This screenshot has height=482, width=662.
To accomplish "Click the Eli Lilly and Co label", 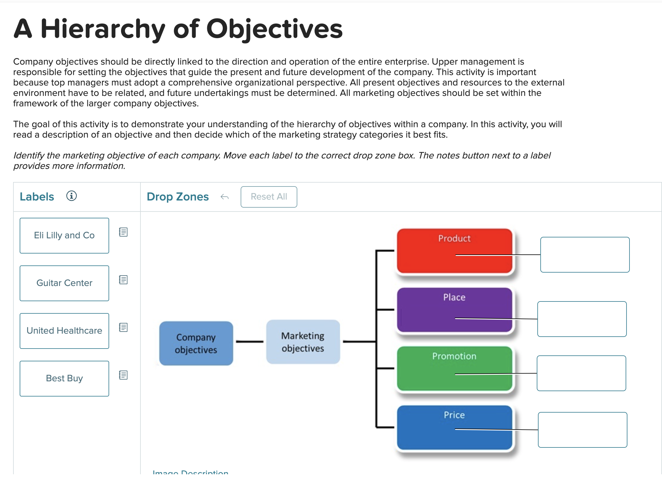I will [64, 236].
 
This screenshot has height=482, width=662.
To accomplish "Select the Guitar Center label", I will [64, 283].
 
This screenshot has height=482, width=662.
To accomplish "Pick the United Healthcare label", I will [64, 331].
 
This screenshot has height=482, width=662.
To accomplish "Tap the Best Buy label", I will [64, 379].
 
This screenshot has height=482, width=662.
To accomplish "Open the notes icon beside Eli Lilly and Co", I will [123, 232].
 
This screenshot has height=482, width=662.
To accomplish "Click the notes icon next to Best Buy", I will [123, 375].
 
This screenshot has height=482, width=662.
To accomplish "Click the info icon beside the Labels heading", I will [72, 196].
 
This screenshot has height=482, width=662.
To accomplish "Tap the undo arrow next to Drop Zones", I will [225, 197].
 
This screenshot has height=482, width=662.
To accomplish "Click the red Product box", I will [454, 251].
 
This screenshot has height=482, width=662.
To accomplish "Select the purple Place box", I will [454, 310].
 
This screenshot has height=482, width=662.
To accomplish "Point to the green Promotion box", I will [454, 369].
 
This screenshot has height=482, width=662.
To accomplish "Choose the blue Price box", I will [454, 427].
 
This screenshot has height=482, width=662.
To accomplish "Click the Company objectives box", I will [196, 343].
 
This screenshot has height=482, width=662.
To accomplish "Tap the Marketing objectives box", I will [303, 342].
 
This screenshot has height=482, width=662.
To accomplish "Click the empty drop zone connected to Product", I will [585, 255].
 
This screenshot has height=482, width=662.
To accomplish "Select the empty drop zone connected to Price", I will [582, 430].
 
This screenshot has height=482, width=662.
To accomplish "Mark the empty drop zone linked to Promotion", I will [581, 373].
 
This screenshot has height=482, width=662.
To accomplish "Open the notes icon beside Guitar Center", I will [123, 280].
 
